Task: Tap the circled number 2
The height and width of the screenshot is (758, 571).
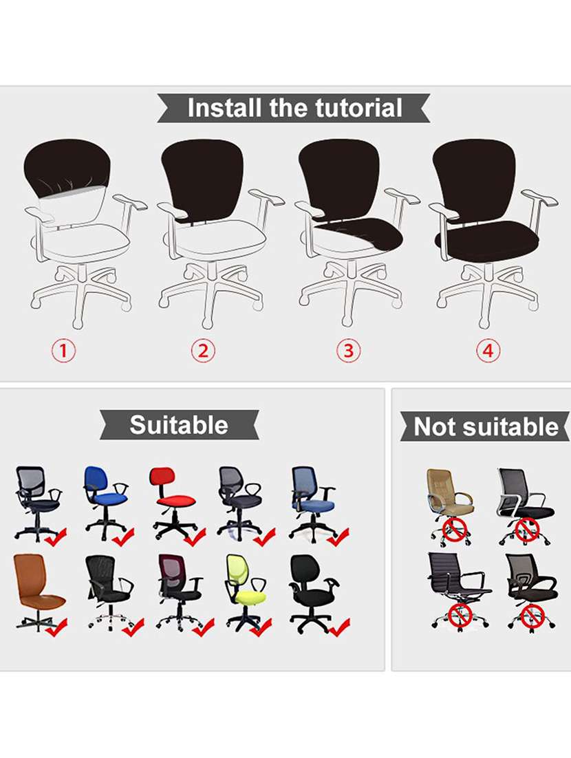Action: (x=203, y=351)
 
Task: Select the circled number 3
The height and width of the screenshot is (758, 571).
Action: (x=348, y=351)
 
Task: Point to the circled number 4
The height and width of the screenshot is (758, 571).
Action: (x=487, y=351)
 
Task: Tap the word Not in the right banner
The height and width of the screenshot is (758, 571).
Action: (x=435, y=427)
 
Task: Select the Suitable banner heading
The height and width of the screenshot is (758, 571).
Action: (x=179, y=424)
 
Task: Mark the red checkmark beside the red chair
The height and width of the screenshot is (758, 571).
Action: (x=195, y=536)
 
